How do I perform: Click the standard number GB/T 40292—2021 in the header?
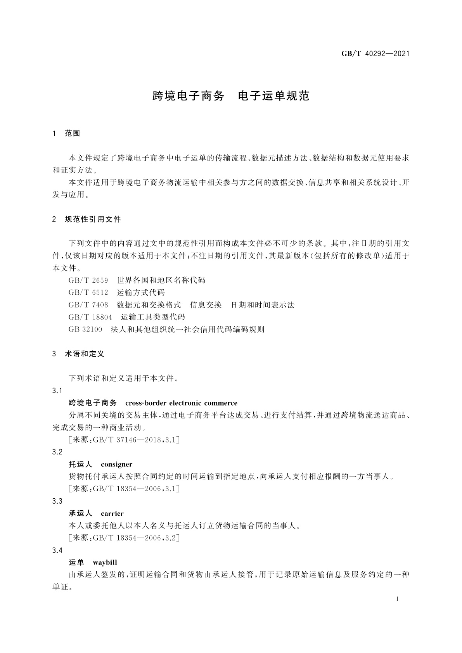(x=375, y=54)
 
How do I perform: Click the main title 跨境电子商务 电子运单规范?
(x=231, y=96)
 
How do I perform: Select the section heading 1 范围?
(x=66, y=133)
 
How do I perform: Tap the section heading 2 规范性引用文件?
(x=87, y=219)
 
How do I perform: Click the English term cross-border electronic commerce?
(x=181, y=403)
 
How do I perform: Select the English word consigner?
(x=116, y=465)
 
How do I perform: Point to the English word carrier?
(x=112, y=514)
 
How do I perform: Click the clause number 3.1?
(x=57, y=391)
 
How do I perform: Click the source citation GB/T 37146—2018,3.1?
(x=123, y=440)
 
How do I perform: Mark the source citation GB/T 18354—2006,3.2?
(x=123, y=538)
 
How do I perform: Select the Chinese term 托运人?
(x=80, y=465)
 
